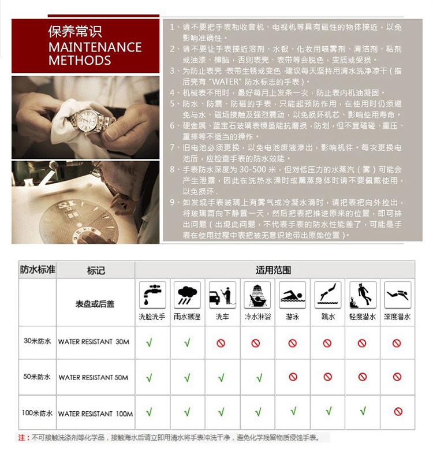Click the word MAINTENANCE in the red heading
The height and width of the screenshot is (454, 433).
pyautogui.click(x=95, y=47)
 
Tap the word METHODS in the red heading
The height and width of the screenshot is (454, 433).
pyautogui.click(x=80, y=60)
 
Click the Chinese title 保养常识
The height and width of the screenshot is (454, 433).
pyautogui.click(x=75, y=31)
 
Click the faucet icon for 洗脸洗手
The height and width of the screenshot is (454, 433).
pyautogui.click(x=152, y=295)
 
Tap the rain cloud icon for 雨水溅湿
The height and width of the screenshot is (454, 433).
pyautogui.click(x=187, y=295)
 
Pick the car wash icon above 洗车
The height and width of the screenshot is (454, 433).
pyautogui.click(x=222, y=295)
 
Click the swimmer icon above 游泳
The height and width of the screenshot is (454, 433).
pyautogui.click(x=292, y=295)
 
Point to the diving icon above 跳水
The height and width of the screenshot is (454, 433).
pyautogui.click(x=328, y=295)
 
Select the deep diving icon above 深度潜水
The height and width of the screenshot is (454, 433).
pyautogui.click(x=398, y=295)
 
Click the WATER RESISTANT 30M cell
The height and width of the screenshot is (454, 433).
pyautogui.click(x=94, y=342)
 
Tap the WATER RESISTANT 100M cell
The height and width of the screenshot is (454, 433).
pyautogui.click(x=95, y=414)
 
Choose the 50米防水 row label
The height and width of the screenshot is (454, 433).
pyautogui.click(x=37, y=377)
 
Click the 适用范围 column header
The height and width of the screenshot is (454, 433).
pyautogui.click(x=273, y=270)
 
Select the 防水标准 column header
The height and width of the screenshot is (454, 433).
pyautogui.click(x=38, y=270)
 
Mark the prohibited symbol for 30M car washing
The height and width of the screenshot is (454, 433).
pyautogui.click(x=221, y=343)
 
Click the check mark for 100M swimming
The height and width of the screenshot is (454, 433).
pyautogui.click(x=293, y=411)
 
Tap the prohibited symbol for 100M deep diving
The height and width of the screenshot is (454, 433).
pyautogui.click(x=398, y=411)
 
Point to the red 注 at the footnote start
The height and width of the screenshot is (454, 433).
pyautogui.click(x=21, y=437)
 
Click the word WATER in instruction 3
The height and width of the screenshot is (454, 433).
pyautogui.click(x=226, y=82)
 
